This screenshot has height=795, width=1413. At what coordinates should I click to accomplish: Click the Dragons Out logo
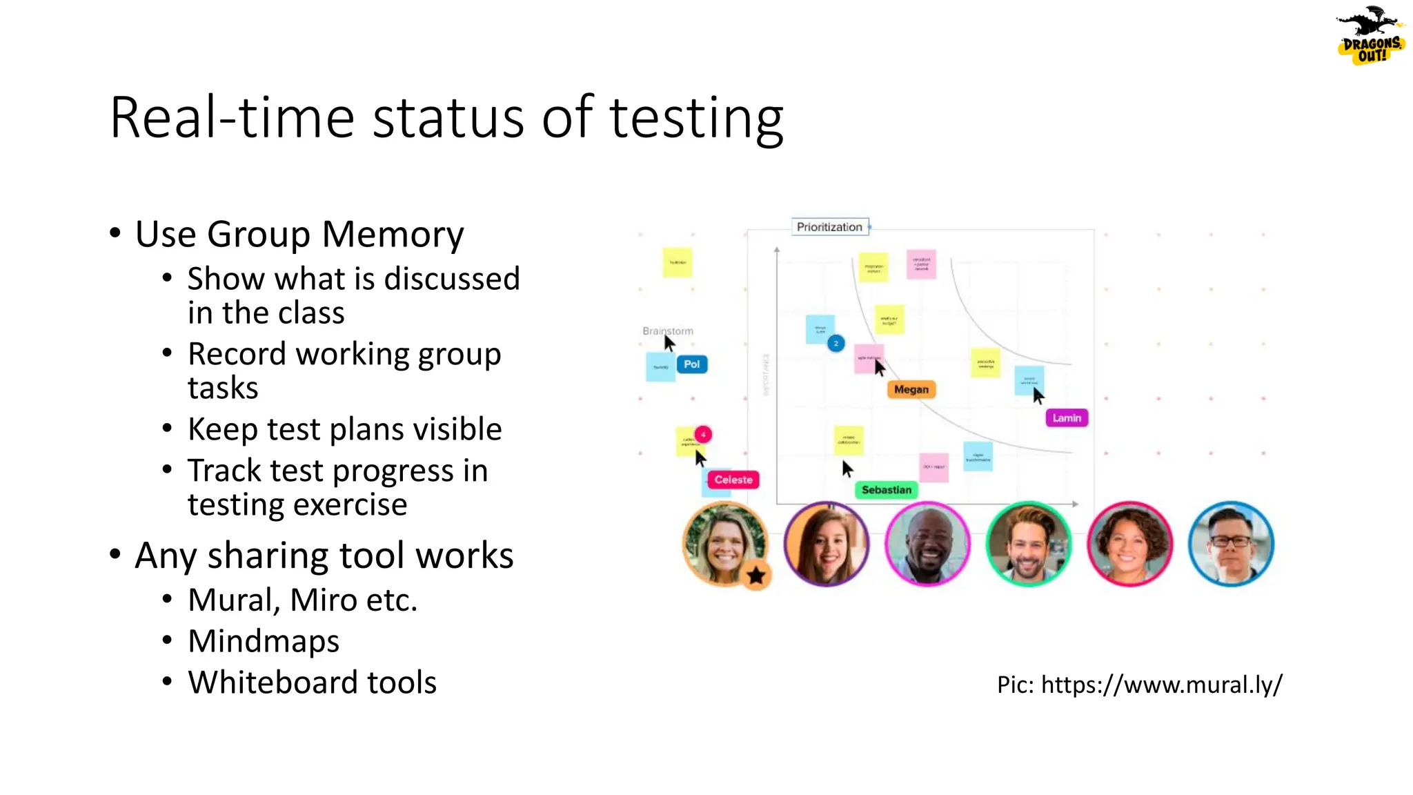(1370, 37)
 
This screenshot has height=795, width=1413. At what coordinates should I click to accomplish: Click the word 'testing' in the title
(696, 119)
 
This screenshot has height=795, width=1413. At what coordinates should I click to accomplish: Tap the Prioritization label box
(829, 227)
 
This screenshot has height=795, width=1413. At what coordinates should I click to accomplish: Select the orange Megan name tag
(911, 390)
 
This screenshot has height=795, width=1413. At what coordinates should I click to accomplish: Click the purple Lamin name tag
(1067, 418)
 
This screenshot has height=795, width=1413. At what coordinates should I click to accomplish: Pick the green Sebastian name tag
(886, 490)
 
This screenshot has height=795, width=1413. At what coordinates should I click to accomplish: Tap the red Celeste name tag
(733, 480)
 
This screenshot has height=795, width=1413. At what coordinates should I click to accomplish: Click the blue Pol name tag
(691, 364)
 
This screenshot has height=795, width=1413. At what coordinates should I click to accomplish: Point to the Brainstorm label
(667, 331)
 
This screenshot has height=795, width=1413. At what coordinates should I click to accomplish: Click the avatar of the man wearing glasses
(1230, 544)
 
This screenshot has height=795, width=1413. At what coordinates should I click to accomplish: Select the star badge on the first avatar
(756, 576)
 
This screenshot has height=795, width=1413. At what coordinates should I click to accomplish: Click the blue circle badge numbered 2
(836, 343)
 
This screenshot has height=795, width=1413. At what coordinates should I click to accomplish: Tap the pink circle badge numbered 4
(702, 435)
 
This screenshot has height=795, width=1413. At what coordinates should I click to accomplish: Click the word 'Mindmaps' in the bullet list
(264, 641)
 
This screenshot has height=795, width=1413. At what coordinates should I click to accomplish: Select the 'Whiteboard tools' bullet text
(312, 683)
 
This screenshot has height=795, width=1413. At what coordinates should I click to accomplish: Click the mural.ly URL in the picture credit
(1161, 685)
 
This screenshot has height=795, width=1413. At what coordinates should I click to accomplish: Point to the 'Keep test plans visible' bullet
(344, 429)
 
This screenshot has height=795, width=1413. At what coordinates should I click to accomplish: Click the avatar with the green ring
(1028, 544)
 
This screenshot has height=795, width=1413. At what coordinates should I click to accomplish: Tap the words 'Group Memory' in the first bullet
(335, 234)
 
